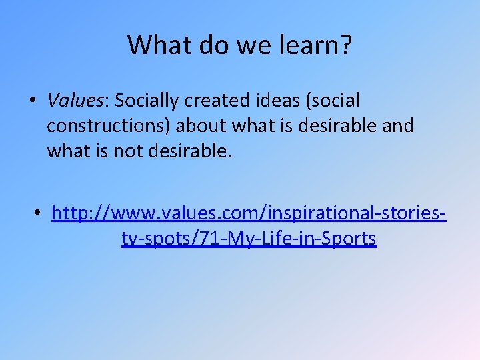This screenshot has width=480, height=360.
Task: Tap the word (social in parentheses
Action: tap(333, 101)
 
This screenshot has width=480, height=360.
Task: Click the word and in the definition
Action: tap(398, 126)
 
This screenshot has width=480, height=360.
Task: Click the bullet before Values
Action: tap(32, 101)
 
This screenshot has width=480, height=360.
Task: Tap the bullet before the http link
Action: tap(38, 213)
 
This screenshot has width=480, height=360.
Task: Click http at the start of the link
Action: tap(71, 213)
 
